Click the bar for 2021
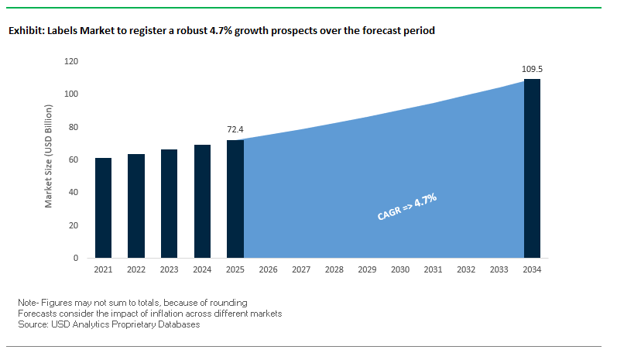[x=103, y=207]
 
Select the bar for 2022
[x=136, y=206]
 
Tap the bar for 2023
[x=169, y=204]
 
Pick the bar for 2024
[x=202, y=201]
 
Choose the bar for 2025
[x=235, y=199]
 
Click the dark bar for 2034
[x=532, y=168]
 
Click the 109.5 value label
[x=532, y=70]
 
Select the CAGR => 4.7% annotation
[x=407, y=208]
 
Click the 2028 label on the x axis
[x=334, y=270]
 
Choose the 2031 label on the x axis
[x=433, y=270]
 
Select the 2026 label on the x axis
[x=268, y=270]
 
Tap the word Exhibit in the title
[x=26, y=31]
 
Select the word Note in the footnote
[x=27, y=301]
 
